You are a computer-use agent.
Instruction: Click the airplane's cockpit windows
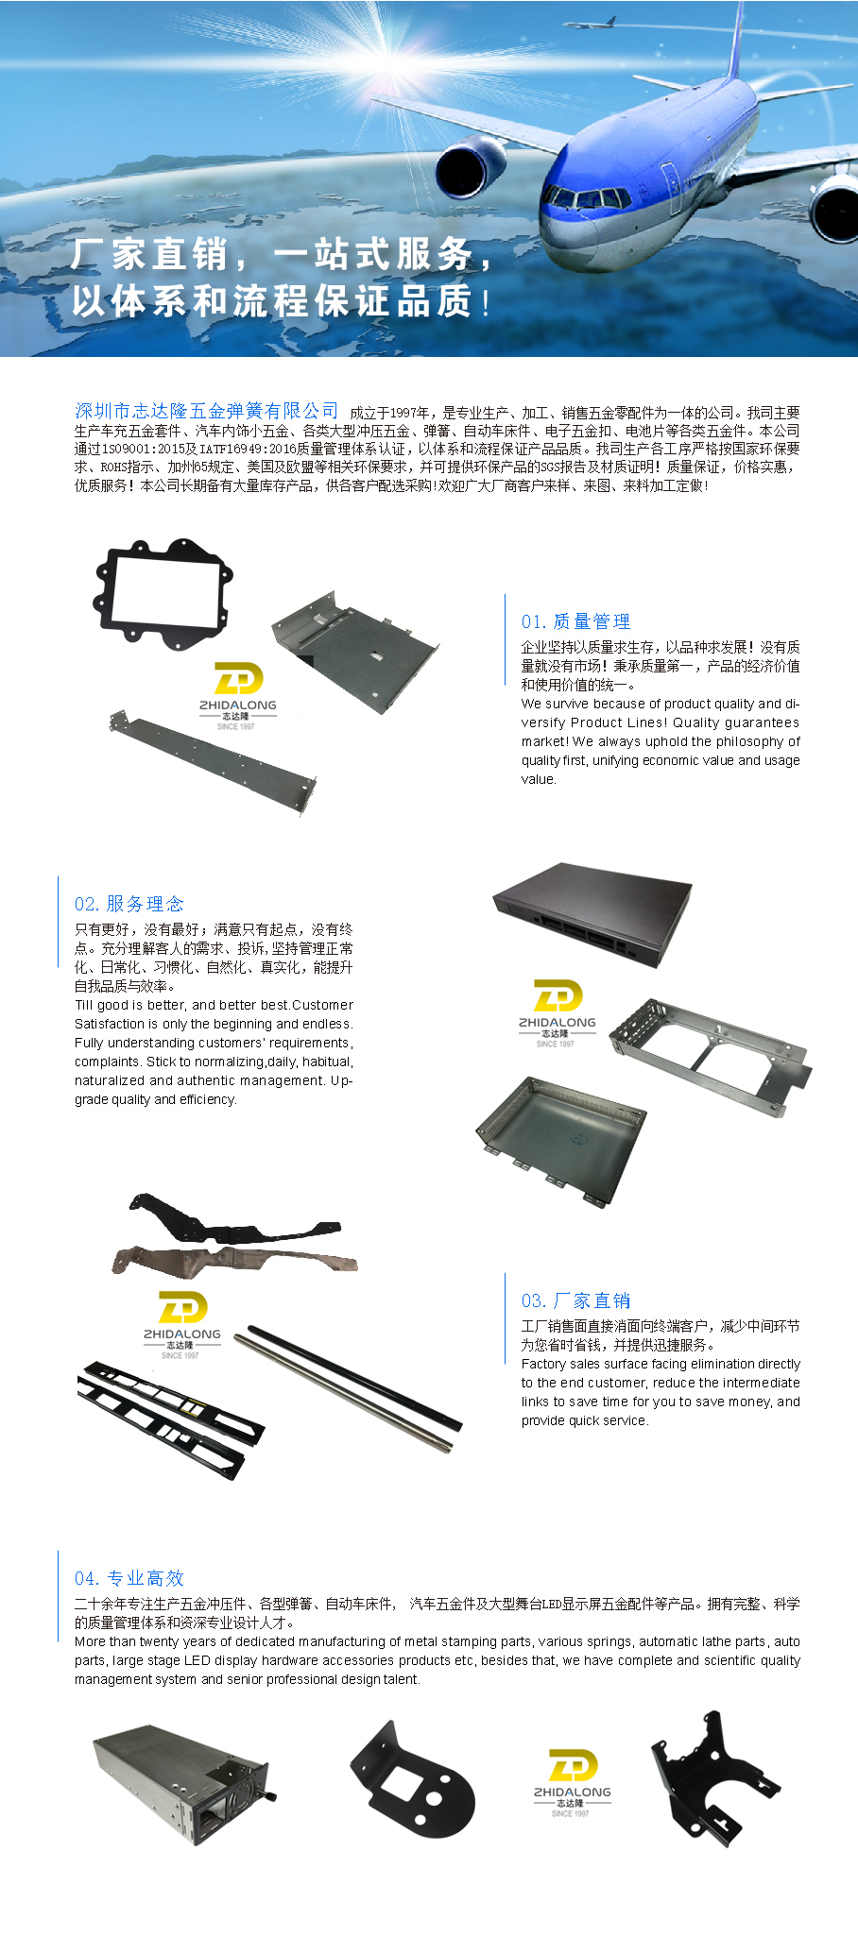click(588, 198)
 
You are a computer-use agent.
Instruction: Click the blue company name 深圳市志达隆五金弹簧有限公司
click(206, 411)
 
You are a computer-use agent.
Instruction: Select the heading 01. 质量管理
click(575, 621)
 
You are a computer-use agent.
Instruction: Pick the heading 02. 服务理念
click(129, 904)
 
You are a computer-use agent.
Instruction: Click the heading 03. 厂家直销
click(575, 1300)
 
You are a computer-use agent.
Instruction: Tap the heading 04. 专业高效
click(129, 1578)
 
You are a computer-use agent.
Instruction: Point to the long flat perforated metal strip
click(212, 760)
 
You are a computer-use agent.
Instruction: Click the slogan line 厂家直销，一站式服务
click(283, 254)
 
